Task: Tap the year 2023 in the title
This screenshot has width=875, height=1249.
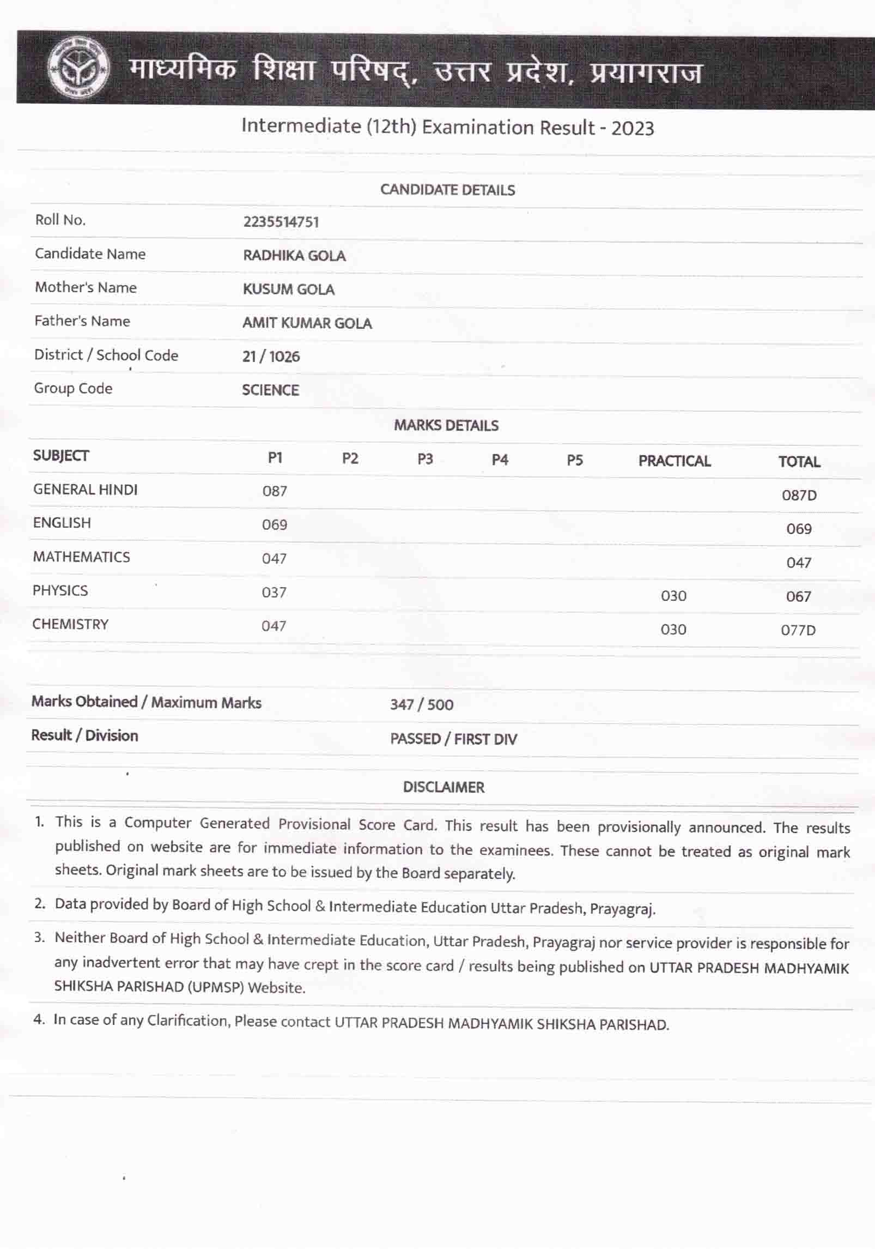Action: [632, 129]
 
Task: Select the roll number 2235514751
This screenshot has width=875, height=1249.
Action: [281, 222]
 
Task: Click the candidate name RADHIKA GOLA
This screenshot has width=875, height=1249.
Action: [294, 256]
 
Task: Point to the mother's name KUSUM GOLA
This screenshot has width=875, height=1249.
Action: [288, 289]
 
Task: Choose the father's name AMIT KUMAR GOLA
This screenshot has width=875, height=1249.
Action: [307, 323]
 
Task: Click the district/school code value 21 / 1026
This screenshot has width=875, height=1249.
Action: [271, 357]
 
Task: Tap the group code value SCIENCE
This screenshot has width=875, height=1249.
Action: [270, 390]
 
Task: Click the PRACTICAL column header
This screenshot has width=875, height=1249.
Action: [674, 461]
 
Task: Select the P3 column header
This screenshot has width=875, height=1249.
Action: [425, 459]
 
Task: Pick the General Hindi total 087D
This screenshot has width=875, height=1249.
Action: [799, 496]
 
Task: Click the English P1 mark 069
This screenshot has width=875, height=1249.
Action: [275, 525]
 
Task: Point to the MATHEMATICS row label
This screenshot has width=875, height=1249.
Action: [81, 557]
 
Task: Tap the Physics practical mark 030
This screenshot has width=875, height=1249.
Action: [673, 596]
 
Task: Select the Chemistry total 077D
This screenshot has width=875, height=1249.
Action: [798, 631]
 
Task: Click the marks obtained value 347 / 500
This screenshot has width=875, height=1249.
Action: [421, 705]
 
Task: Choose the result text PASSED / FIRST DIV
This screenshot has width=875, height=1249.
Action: [453, 739]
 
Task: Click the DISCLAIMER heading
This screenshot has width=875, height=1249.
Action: [443, 787]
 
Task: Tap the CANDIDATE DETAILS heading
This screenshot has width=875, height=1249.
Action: [447, 190]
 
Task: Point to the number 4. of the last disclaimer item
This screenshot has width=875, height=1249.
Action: [39, 1019]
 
